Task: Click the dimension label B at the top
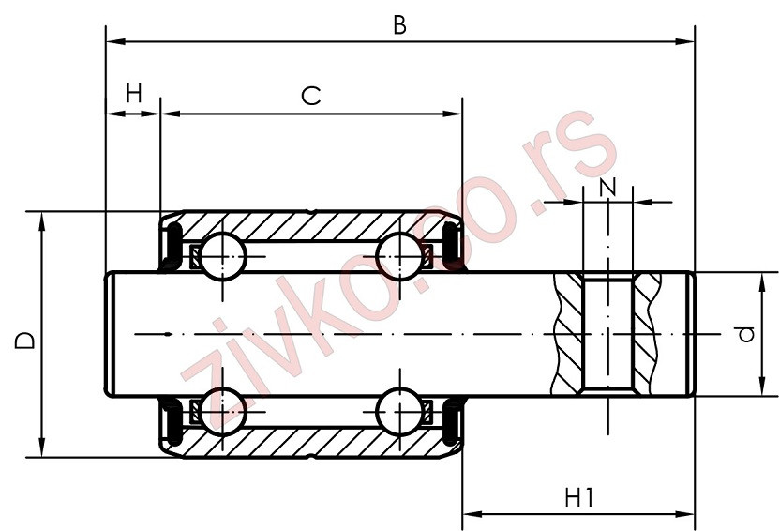coord(399,25)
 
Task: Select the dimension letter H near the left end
coord(134,93)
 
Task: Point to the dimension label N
coord(607,186)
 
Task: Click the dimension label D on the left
coord(25,340)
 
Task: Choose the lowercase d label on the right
coord(746,334)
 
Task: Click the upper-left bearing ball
coord(222,253)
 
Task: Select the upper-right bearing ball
coord(398,253)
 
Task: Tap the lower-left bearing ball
coord(222,409)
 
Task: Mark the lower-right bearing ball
coord(398,409)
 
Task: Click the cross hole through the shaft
coord(607,334)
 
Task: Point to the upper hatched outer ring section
coord(310,225)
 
